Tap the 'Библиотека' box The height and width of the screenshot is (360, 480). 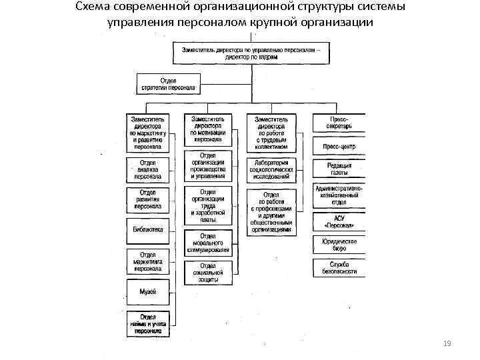click(x=147, y=230)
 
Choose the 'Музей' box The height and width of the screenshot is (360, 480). click(x=147, y=291)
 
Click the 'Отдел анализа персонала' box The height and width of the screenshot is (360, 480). click(x=147, y=169)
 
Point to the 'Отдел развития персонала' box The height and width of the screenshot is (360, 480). click(x=147, y=199)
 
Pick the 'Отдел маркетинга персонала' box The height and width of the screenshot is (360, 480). click(x=147, y=262)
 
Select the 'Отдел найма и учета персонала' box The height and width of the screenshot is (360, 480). click(x=147, y=322)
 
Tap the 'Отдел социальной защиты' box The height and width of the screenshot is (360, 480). click(x=207, y=272)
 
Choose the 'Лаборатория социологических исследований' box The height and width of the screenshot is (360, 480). click(x=271, y=169)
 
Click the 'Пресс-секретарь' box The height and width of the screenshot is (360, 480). click(x=339, y=123)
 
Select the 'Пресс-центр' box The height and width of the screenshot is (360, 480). click(x=339, y=147)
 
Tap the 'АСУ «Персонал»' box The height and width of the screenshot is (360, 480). click(x=339, y=221)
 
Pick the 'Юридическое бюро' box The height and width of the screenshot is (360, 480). click(x=339, y=245)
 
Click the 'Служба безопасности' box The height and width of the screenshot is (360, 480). click(x=339, y=267)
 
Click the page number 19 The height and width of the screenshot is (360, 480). click(x=447, y=343)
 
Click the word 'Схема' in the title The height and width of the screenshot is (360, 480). click(x=93, y=7)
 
